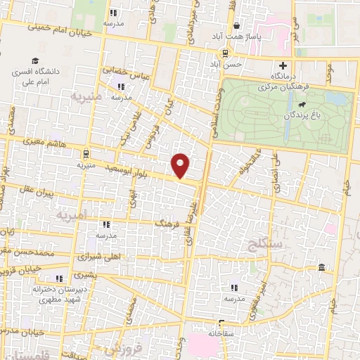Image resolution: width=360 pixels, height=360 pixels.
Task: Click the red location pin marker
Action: [181, 165]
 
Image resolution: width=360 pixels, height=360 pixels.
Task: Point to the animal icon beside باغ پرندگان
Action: [301, 106]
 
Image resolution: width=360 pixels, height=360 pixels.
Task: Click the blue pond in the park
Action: [335, 99]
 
